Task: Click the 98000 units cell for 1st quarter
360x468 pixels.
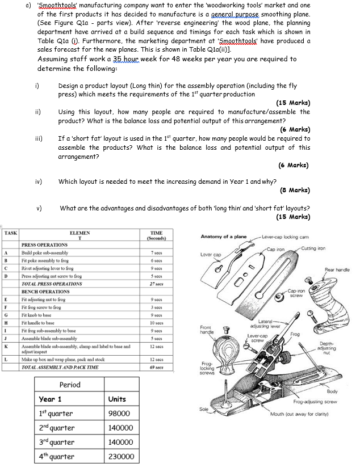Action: (x=120, y=414)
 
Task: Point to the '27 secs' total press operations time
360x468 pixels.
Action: (x=157, y=283)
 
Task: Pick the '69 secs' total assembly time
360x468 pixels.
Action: (x=157, y=368)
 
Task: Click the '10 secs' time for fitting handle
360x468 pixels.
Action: (x=157, y=321)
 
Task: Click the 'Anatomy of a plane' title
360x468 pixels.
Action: (x=224, y=236)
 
